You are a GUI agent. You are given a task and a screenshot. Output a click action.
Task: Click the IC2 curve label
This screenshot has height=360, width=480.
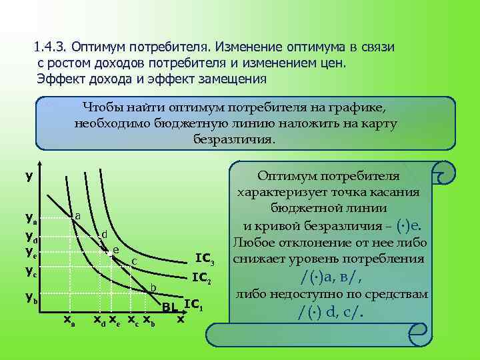pos(201,278)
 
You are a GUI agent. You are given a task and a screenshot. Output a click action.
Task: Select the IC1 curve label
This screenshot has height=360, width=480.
pos(193,305)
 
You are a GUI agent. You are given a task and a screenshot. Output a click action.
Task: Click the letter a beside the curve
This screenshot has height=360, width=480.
pos(78,215)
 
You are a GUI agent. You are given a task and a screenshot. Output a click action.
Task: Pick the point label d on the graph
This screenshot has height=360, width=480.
pos(104,235)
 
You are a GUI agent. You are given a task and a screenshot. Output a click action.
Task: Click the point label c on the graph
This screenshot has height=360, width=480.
pos(134,261)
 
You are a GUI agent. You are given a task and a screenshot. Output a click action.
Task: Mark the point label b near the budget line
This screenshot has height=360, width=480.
pos(153,287)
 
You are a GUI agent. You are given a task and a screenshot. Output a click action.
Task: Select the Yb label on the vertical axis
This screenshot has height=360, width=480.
pos(31,298)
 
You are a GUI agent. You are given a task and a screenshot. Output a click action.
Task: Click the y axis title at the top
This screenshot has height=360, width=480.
pos(29,177)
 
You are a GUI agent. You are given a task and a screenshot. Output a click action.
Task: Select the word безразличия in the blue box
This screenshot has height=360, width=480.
pos(233,140)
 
